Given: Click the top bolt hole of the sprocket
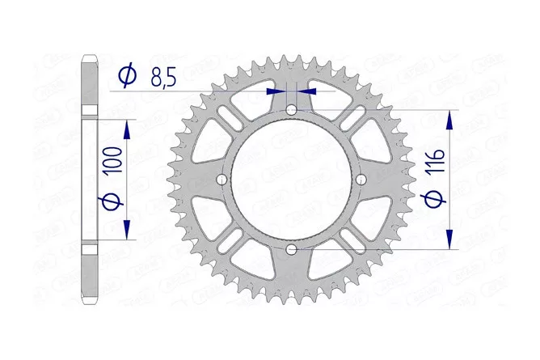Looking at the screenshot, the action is (291, 110).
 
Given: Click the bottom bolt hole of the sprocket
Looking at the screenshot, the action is (291, 248).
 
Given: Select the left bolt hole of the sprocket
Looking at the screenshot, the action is (222, 179).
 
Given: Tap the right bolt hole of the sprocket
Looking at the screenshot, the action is (361, 179).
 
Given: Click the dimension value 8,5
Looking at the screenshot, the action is (163, 78).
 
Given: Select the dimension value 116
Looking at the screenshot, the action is (436, 162).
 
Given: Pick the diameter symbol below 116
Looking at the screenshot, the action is (433, 199).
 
